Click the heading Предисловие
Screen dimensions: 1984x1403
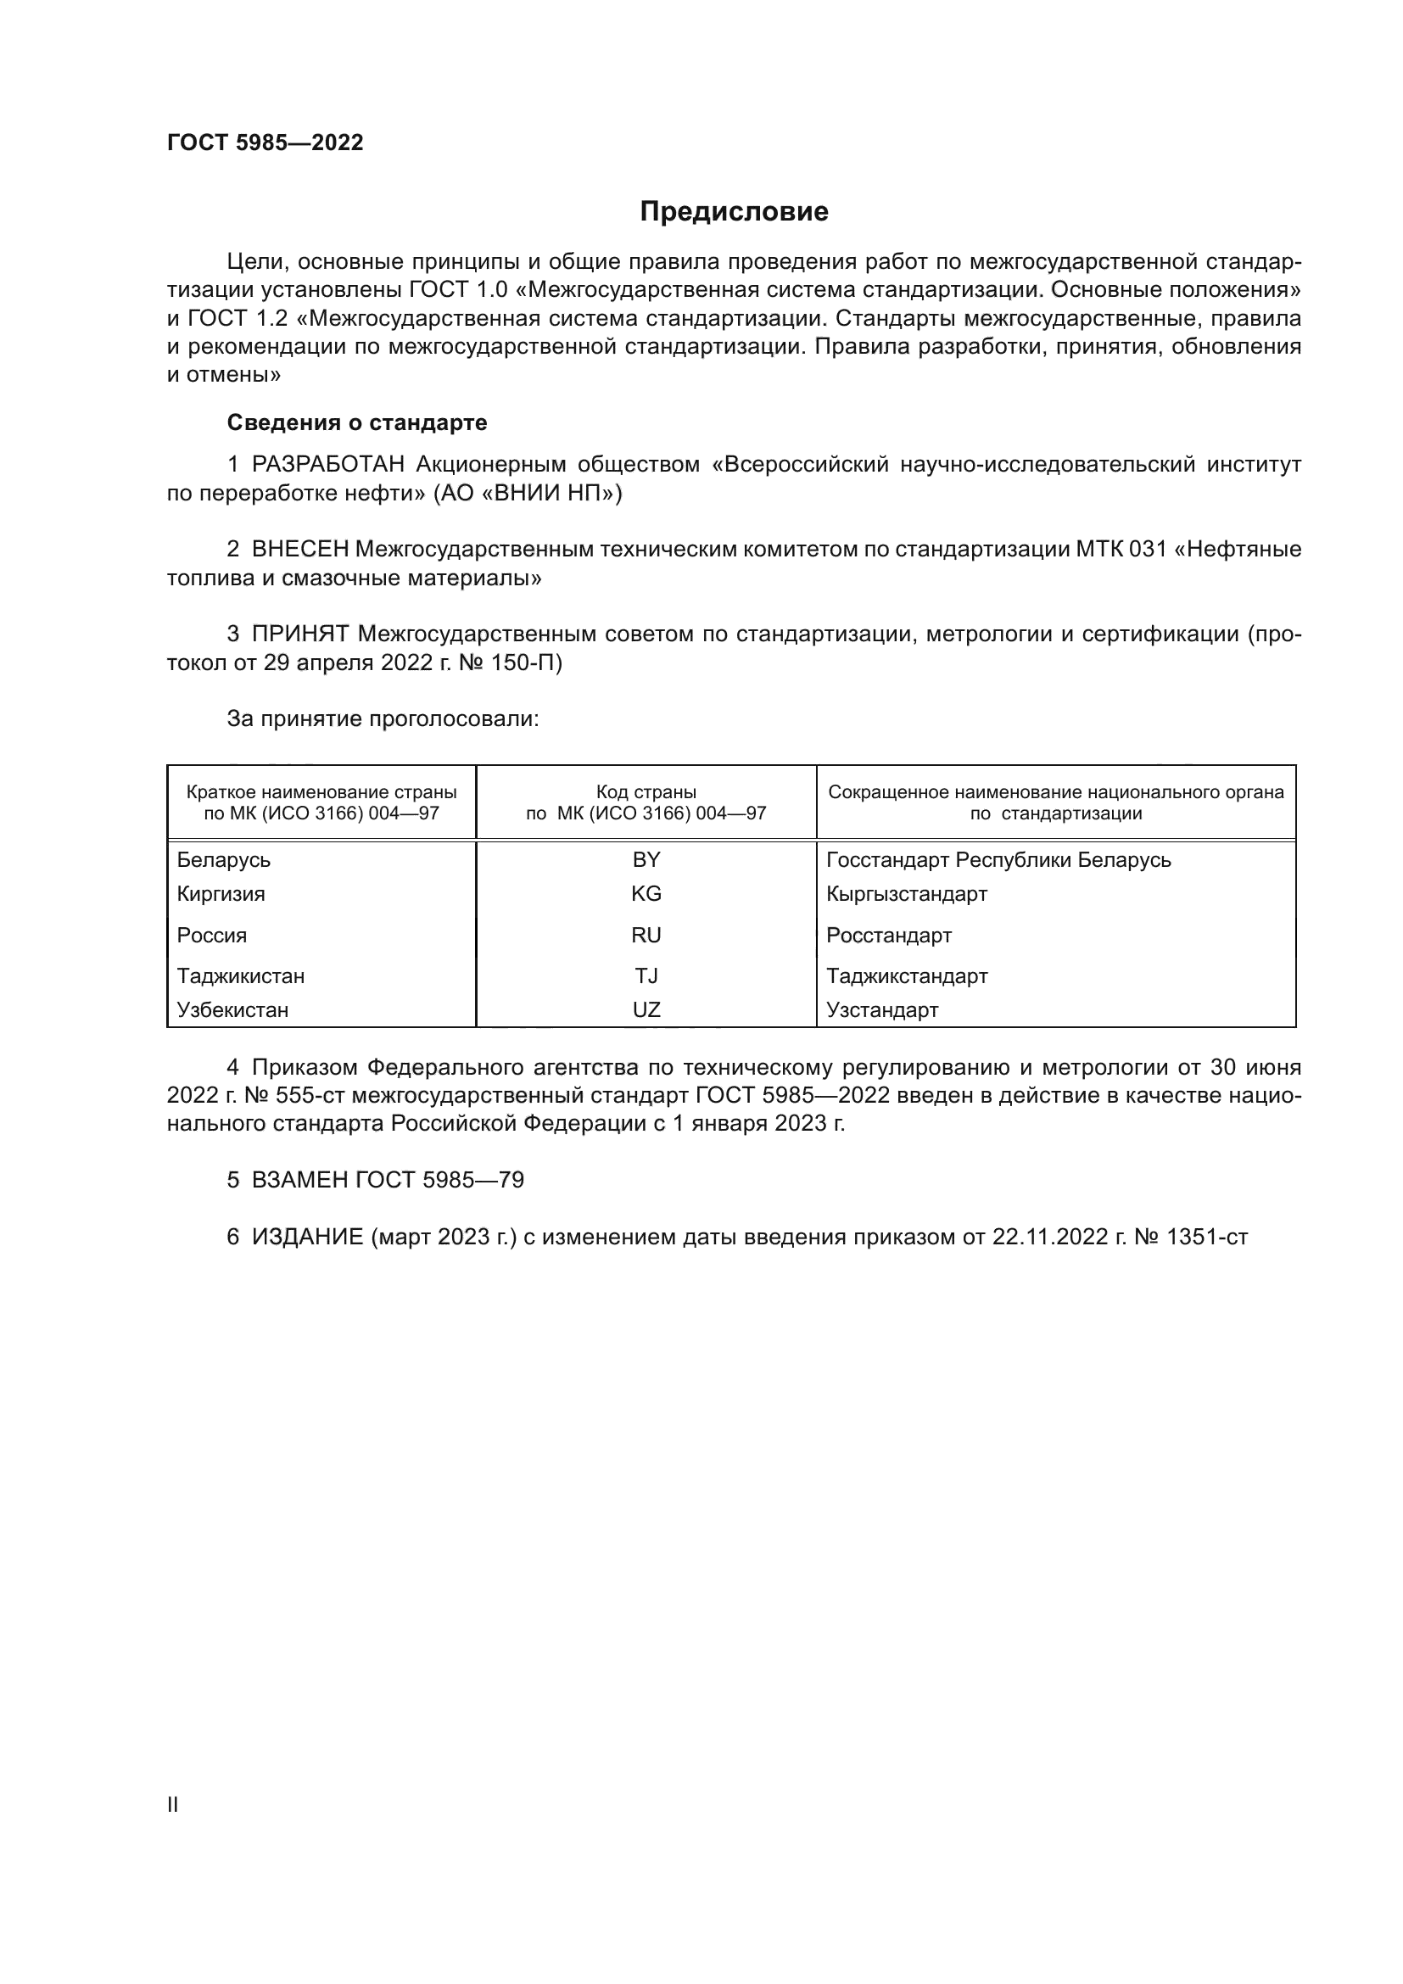(x=734, y=212)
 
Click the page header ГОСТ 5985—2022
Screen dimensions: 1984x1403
(x=266, y=143)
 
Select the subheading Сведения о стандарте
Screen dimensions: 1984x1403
(x=357, y=422)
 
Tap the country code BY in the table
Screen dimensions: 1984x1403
(x=646, y=860)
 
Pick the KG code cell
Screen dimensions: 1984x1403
(x=646, y=893)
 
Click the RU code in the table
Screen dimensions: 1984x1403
(x=646, y=935)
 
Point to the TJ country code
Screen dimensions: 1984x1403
(x=646, y=975)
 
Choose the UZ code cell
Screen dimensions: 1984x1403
(x=646, y=1009)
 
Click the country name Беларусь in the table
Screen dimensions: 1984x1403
(x=224, y=860)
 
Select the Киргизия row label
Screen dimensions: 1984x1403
(x=221, y=893)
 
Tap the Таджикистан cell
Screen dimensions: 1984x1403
(x=241, y=975)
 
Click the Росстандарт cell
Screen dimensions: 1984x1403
(x=889, y=935)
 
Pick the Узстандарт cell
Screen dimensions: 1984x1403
(x=882, y=1009)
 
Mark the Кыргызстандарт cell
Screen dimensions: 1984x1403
(x=906, y=893)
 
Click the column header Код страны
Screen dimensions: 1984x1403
(x=646, y=792)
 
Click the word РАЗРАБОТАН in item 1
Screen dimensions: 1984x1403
(x=328, y=465)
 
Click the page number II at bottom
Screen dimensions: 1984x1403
(x=173, y=1804)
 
